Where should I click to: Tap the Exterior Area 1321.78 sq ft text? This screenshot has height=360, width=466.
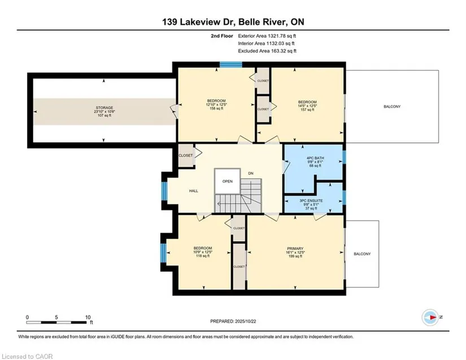267,36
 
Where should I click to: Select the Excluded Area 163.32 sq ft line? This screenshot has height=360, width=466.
267,51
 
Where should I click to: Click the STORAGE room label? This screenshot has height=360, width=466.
104,107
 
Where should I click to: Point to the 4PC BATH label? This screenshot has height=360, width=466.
315,158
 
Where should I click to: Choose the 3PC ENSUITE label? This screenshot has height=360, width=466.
311,201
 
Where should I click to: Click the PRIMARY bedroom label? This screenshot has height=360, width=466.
295,249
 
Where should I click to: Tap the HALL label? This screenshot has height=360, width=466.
194,191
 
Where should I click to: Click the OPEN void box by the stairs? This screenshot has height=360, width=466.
228,181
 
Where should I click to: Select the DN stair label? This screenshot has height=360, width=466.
251,174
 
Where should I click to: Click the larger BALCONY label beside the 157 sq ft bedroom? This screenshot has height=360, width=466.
392,106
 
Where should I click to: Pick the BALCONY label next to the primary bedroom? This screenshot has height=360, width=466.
362,254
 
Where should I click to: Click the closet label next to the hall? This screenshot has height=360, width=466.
185,155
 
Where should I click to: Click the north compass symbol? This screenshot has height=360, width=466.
430,317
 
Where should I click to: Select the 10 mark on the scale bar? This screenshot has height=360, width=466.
88,317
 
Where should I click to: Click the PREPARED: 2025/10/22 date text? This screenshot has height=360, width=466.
233,322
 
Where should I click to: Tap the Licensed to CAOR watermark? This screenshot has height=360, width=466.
27,357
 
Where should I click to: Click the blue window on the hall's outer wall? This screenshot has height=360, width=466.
164,190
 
